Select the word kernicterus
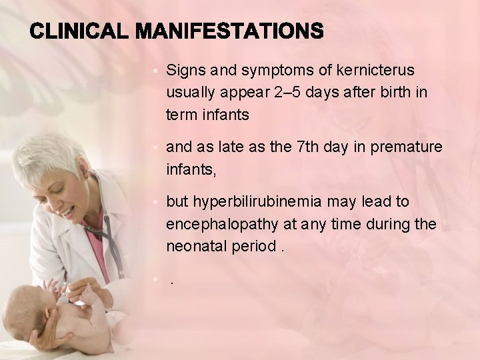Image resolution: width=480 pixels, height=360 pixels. pos(375,70)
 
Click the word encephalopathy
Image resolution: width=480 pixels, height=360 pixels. pos(218,224)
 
